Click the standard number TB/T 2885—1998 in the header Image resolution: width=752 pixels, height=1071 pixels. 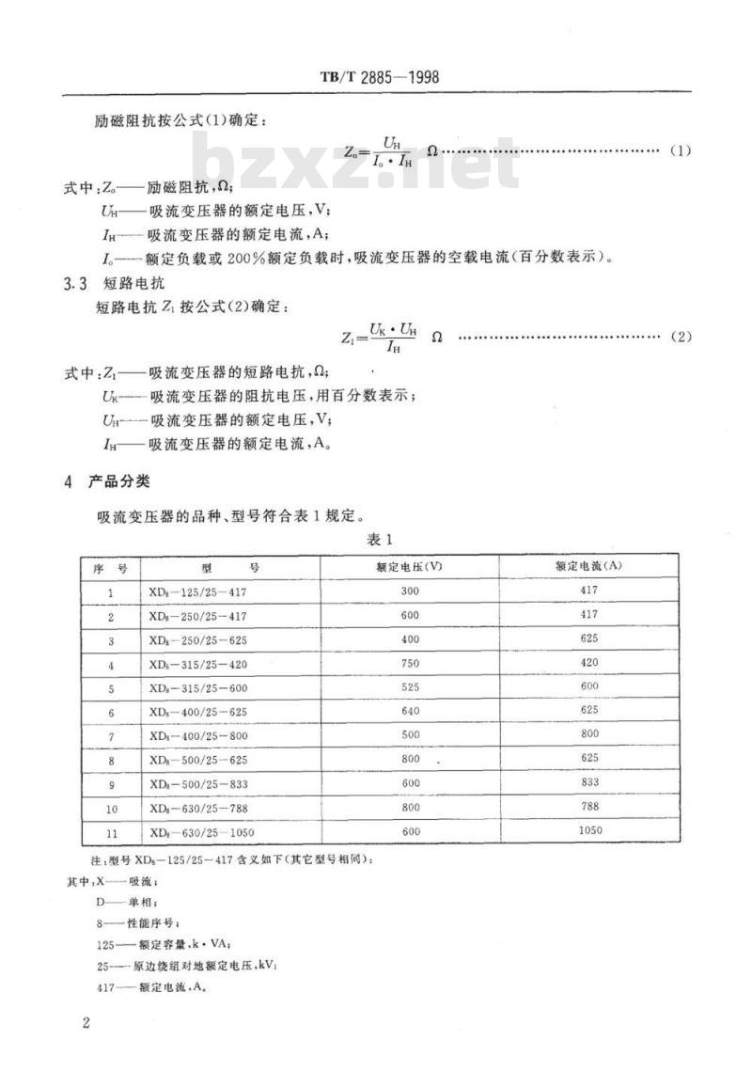374,76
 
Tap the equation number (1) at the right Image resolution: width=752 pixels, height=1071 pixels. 680,150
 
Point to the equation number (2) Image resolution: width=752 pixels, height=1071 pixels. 680,337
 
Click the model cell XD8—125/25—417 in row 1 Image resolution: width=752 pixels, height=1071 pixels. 202,591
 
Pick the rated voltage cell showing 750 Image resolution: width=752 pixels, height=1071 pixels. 409,664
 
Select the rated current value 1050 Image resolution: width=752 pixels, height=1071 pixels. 588,830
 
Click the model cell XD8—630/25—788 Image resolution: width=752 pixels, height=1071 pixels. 202,808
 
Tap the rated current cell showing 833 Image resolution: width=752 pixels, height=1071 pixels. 588,783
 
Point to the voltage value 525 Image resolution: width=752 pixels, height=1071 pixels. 409,687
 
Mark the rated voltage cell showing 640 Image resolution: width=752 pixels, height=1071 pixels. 409,712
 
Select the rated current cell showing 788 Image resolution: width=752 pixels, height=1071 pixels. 588,807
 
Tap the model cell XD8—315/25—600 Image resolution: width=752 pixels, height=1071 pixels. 202,688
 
